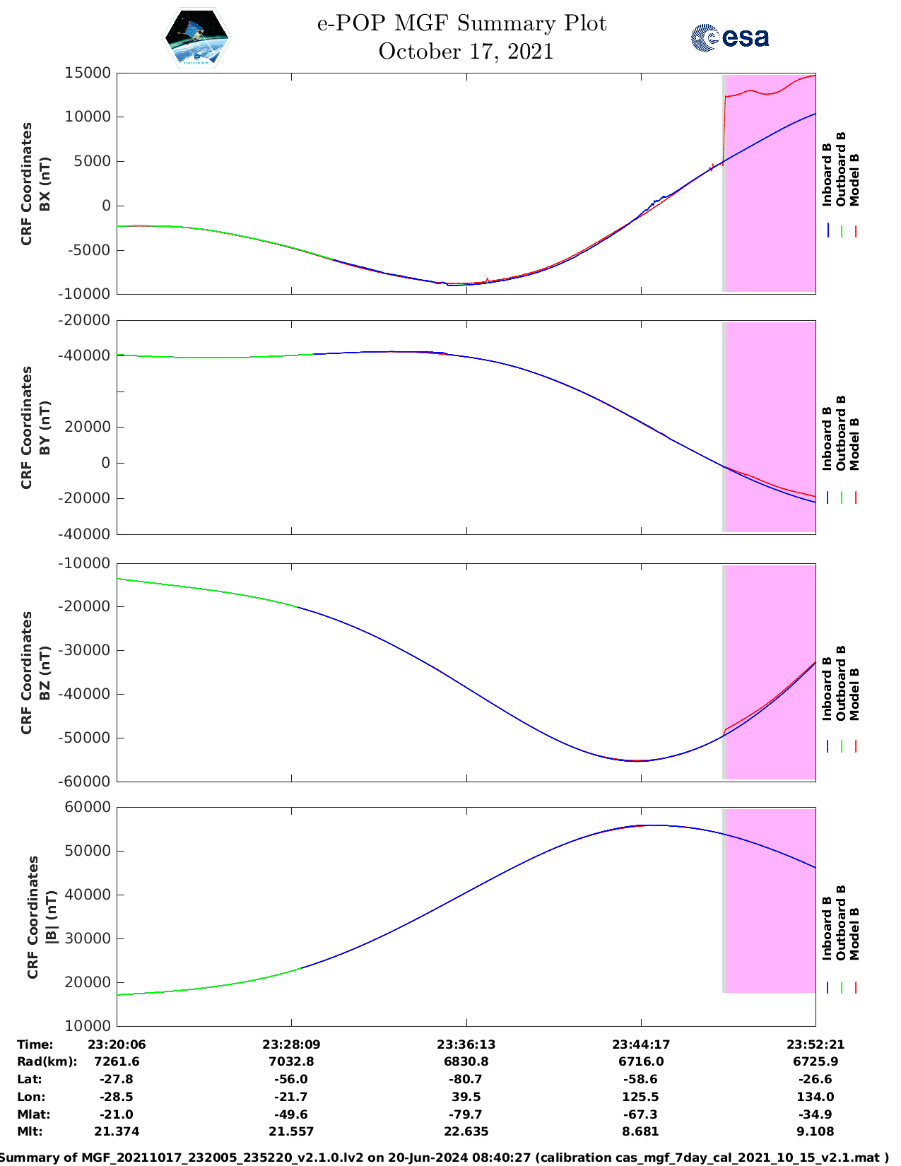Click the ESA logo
coord(730,37)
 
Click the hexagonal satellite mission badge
coord(197,37)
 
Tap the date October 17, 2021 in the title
coord(466,52)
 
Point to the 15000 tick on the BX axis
coord(88,73)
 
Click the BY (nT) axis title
coord(44,427)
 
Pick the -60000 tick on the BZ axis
coord(86,781)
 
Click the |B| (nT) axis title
coord(51,917)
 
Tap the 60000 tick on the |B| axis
coord(89,807)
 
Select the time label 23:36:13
coord(466,1044)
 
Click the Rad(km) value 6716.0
coord(641,1061)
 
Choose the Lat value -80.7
coord(466,1079)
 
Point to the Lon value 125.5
coord(641,1097)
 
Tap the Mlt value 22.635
coord(466,1131)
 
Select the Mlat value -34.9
coord(815,1114)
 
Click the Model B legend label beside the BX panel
coord(854,179)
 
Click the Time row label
coord(35,1044)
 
